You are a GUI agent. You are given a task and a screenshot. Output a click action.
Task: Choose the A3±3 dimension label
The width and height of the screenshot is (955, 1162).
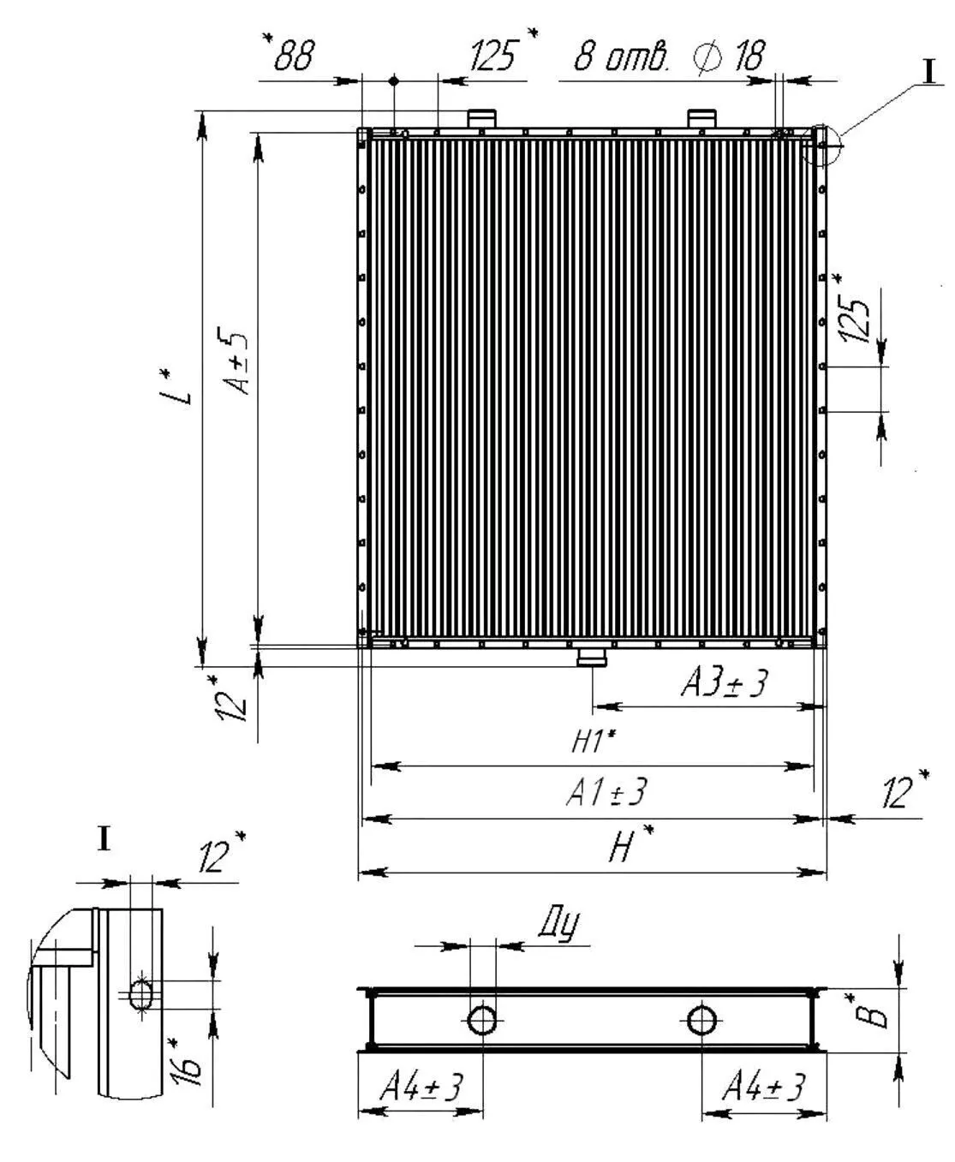(x=724, y=683)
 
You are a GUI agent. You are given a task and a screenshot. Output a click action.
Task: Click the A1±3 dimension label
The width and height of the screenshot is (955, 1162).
(x=606, y=792)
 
